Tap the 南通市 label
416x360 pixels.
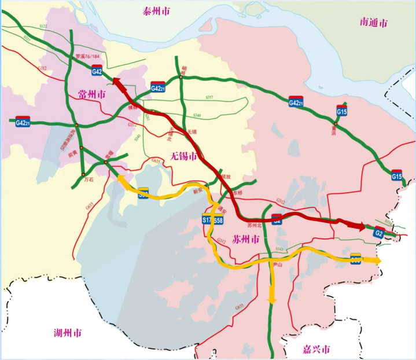[374, 23]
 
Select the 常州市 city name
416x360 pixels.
[91, 94]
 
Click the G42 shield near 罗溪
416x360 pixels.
[97, 72]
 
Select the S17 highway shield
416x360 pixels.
[207, 221]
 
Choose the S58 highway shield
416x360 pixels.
[218, 221]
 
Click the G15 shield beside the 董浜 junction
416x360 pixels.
[341, 109]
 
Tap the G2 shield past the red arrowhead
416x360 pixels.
[378, 233]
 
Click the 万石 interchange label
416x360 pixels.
[89, 181]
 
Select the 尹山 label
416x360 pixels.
[277, 265]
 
